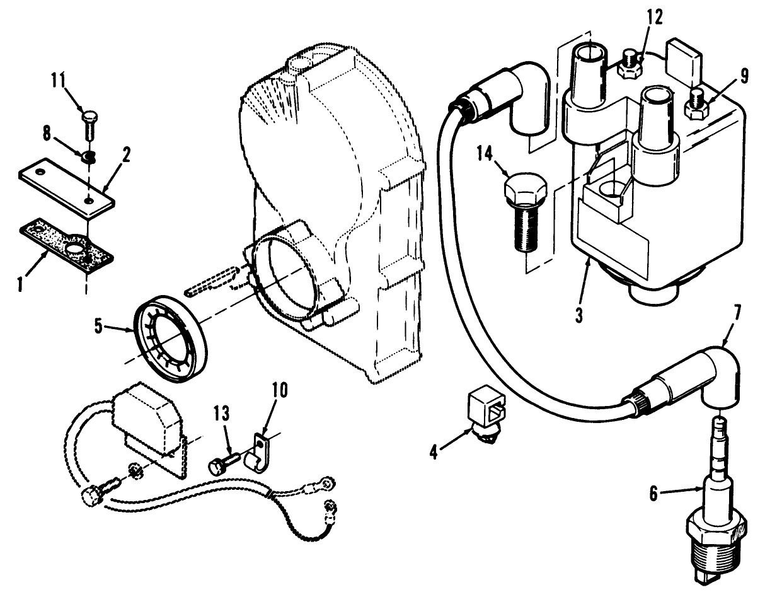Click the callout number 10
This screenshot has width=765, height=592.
(x=279, y=390)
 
